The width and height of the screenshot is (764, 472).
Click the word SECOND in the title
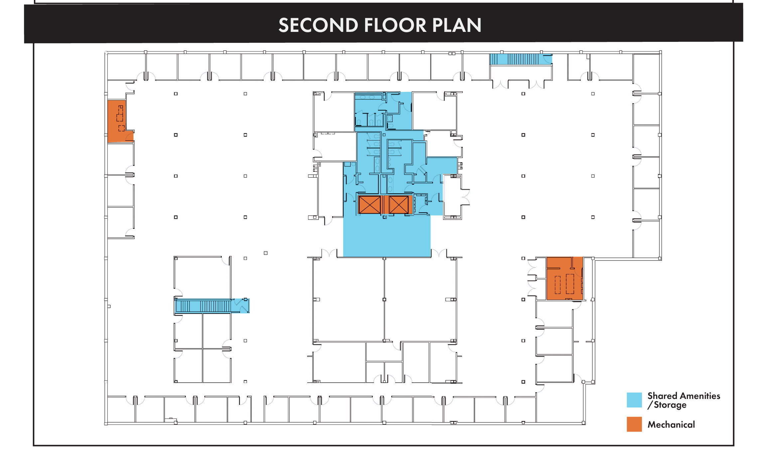coord(318,25)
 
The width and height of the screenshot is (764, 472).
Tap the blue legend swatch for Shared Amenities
coord(634,400)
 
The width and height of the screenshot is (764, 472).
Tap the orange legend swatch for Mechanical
coord(634,424)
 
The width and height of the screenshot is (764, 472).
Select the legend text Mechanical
coord(671,425)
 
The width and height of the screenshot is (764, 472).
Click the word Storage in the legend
coord(670,405)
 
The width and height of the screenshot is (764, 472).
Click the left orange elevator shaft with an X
coord(370,205)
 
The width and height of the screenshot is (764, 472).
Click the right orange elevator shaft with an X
coord(399,205)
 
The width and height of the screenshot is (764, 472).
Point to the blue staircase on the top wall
coord(521,59)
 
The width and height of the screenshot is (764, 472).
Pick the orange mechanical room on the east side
coord(564,278)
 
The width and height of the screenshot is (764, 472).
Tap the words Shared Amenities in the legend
coord(684,396)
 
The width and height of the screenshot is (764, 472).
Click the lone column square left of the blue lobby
coord(266,253)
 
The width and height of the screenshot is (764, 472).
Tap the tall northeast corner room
coord(646,73)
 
